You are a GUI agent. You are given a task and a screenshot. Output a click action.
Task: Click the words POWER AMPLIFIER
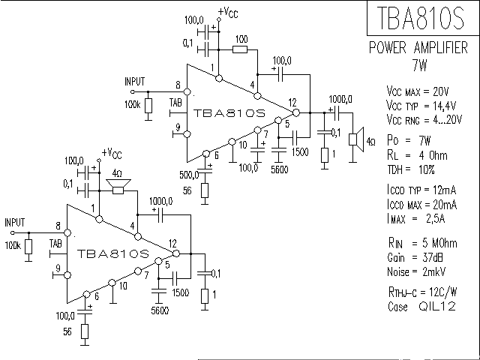pyautogui.click(x=421, y=49)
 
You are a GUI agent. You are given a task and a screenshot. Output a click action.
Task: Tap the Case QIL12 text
pyautogui.click(x=419, y=307)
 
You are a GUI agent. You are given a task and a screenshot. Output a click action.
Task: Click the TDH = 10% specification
pyautogui.click(x=410, y=169)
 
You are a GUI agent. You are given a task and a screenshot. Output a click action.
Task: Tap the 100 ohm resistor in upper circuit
pyautogui.click(x=240, y=49)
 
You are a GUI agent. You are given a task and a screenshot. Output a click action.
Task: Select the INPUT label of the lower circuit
pyautogui.click(x=15, y=222)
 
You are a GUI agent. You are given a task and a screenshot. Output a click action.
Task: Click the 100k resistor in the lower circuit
pyautogui.click(x=28, y=247)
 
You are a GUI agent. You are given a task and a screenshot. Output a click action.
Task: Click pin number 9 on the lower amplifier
pyautogui.click(x=57, y=268)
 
